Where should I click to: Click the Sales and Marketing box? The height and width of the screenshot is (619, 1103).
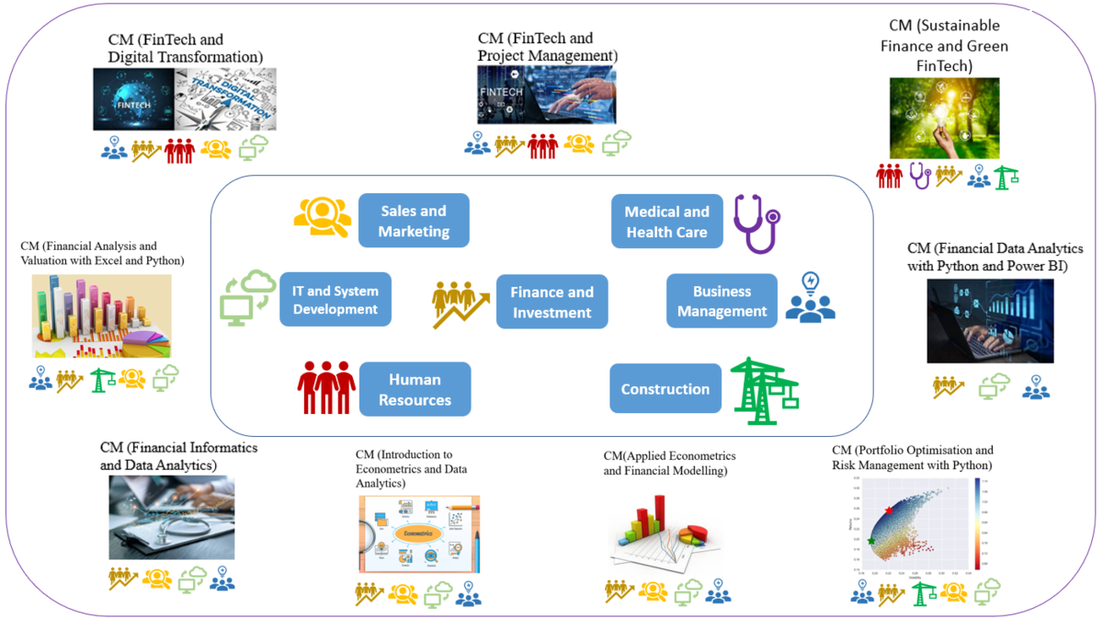pyautogui.click(x=414, y=221)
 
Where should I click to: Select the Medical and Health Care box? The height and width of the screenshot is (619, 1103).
pyautogui.click(x=666, y=222)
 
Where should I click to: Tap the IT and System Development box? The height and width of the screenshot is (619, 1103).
pyautogui.click(x=335, y=299)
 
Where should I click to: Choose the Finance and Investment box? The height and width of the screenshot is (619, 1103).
pyautogui.click(x=551, y=302)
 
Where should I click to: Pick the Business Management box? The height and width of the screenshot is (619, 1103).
pyautogui.click(x=722, y=301)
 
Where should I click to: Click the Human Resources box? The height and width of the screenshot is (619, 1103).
pyautogui.click(x=415, y=389)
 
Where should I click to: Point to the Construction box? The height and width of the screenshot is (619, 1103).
pyautogui.click(x=665, y=389)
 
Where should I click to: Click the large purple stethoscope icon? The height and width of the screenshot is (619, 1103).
pyautogui.click(x=756, y=223)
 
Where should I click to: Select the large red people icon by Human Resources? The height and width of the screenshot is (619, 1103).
pyautogui.click(x=325, y=387)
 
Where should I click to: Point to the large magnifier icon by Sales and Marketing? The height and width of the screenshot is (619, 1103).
pyautogui.click(x=323, y=218)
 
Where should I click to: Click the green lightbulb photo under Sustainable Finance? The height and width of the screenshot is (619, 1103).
pyautogui.click(x=944, y=118)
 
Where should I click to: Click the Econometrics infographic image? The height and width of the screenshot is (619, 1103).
pyautogui.click(x=419, y=534)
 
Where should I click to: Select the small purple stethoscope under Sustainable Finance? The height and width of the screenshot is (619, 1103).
pyautogui.click(x=919, y=175)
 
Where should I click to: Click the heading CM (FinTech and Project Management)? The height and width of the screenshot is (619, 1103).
pyautogui.click(x=547, y=47)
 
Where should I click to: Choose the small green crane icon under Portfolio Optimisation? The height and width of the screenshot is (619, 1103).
pyautogui.click(x=923, y=595)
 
